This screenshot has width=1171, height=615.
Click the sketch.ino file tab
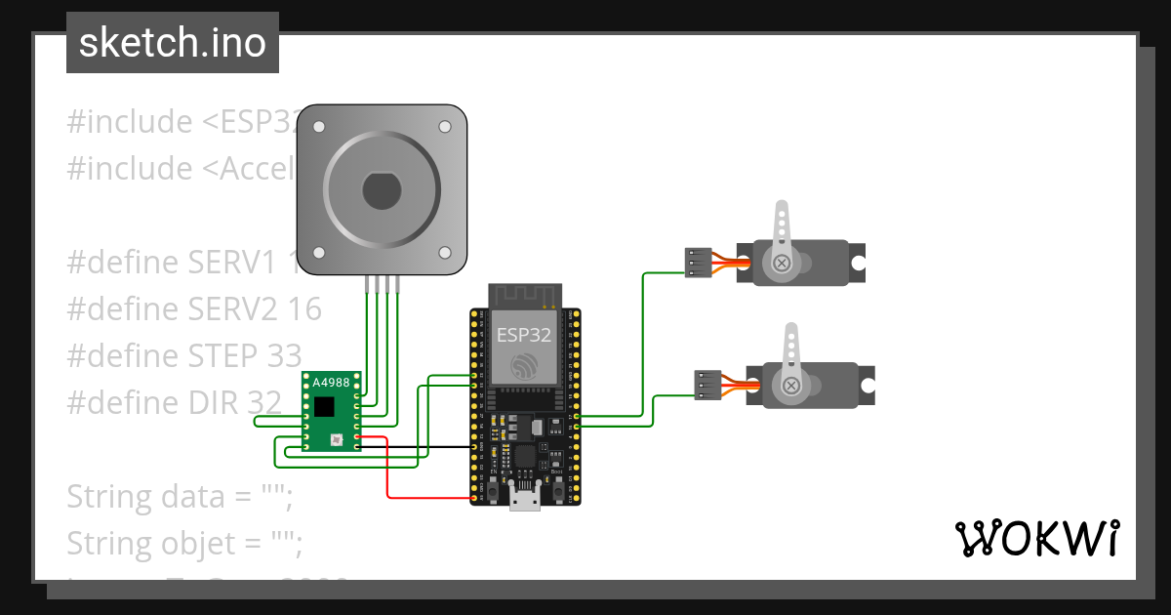(x=173, y=43)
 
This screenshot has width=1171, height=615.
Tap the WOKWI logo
(x=1036, y=538)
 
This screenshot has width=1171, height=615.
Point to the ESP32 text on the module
(x=524, y=336)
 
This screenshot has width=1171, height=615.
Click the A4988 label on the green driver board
(x=331, y=383)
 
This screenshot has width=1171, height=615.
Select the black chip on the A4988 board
(x=324, y=405)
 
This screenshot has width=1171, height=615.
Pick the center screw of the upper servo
(x=781, y=263)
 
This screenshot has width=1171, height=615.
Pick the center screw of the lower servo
(x=789, y=387)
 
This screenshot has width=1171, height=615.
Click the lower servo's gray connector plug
(x=707, y=386)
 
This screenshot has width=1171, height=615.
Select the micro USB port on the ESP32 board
(x=525, y=500)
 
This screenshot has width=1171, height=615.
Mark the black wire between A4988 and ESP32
(x=420, y=447)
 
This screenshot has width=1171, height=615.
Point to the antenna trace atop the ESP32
(x=524, y=294)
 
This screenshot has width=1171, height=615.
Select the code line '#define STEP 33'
(x=184, y=355)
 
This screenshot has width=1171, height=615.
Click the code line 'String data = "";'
(x=180, y=496)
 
